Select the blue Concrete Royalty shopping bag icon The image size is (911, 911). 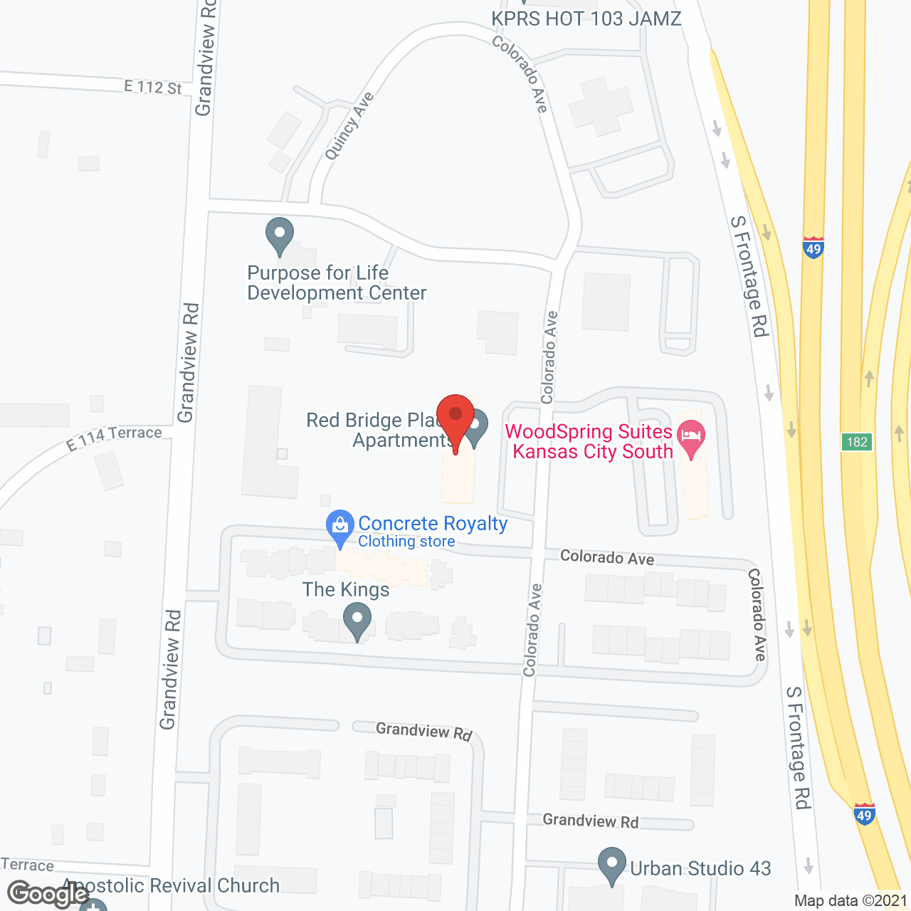[x=340, y=527]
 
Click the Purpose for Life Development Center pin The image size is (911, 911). [x=280, y=234]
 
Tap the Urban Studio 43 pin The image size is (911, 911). [x=612, y=864]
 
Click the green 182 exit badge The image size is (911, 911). [x=857, y=442]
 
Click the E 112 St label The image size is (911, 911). [x=153, y=88]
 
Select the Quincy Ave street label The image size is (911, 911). [x=349, y=125]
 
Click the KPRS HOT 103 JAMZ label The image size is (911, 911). [x=586, y=19]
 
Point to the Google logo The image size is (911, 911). [x=48, y=894]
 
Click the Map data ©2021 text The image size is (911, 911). [x=851, y=900]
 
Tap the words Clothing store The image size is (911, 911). [x=406, y=542]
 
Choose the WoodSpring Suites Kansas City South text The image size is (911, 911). [x=589, y=441]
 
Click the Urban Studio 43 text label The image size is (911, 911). [x=700, y=868]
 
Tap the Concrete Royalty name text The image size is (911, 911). [x=433, y=523]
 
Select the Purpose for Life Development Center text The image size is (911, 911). [x=337, y=283]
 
